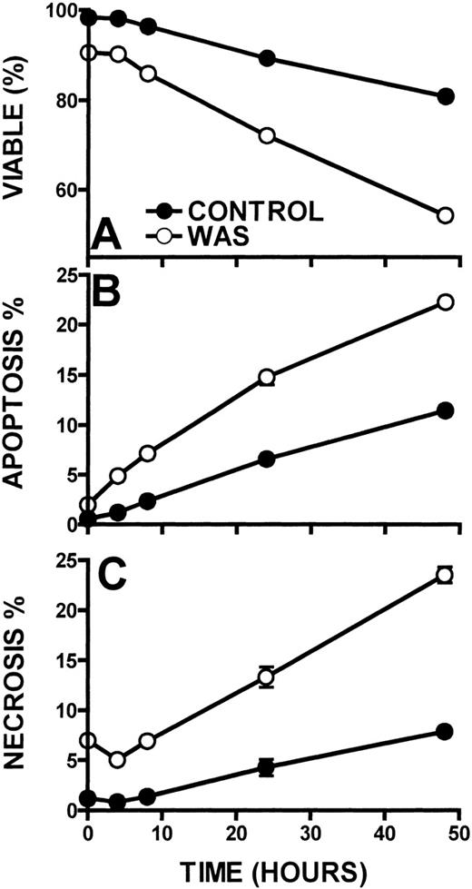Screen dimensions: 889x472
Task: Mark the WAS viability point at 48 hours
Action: (445, 215)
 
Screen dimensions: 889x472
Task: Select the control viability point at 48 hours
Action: (445, 96)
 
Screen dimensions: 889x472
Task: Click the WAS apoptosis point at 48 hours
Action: (445, 301)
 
